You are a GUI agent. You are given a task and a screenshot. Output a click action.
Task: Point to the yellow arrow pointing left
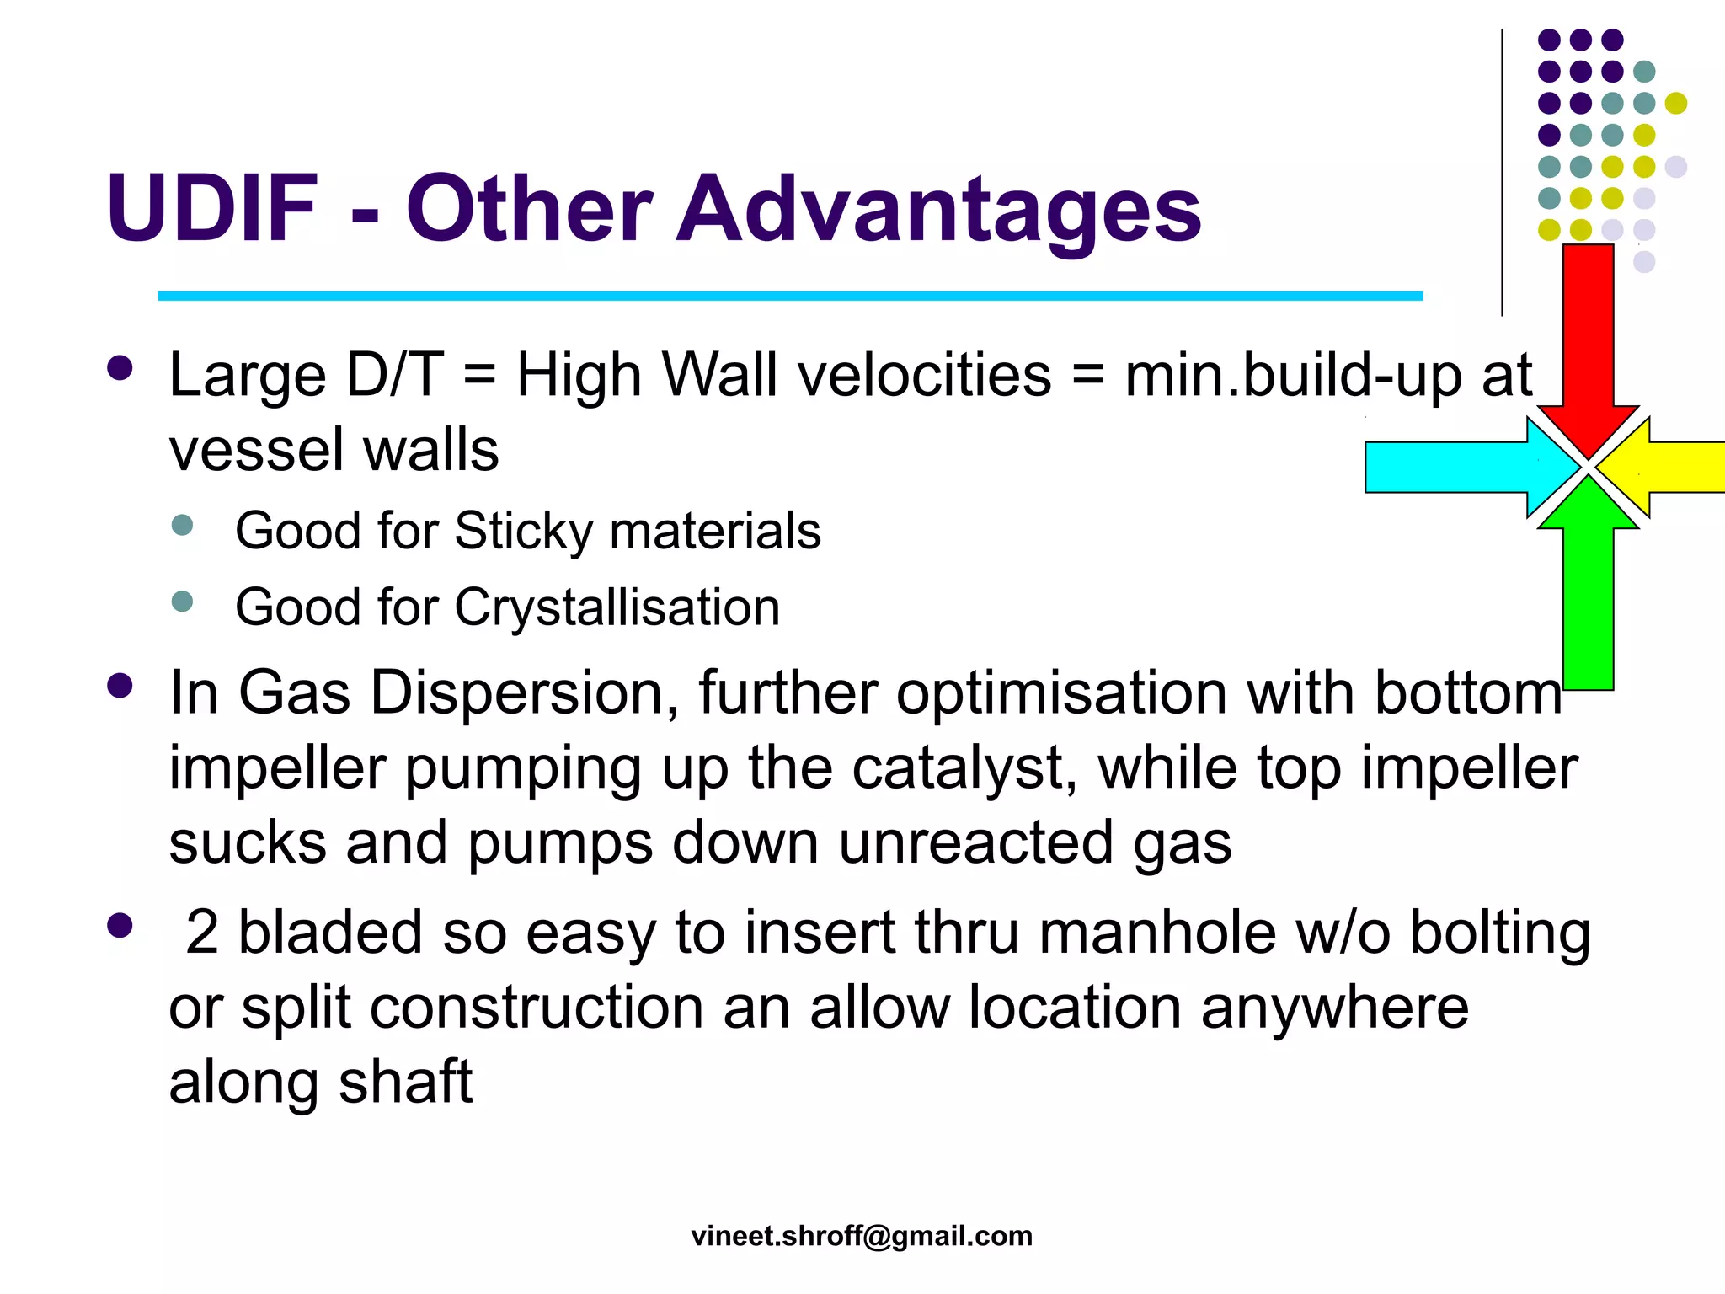point(1676,467)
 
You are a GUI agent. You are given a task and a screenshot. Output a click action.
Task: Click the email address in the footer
point(862,1235)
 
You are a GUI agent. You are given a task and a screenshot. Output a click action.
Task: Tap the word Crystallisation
point(617,607)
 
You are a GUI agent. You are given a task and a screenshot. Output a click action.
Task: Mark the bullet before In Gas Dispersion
point(120,686)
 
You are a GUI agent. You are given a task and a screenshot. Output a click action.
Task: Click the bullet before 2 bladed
point(120,925)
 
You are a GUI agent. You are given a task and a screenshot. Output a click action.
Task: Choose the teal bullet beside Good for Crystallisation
point(182,602)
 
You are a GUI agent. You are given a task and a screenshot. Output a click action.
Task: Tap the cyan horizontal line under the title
point(790,296)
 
